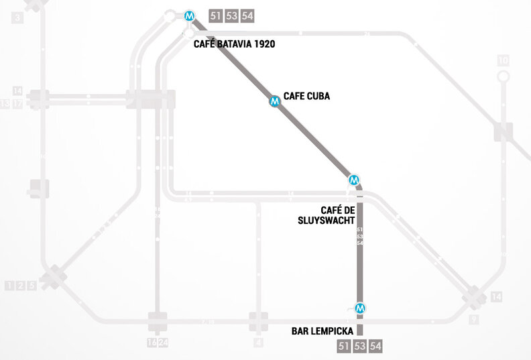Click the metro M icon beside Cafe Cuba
click(x=274, y=101)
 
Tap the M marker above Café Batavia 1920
click(x=191, y=15)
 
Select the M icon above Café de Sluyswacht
click(x=355, y=180)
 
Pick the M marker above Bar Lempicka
click(x=360, y=308)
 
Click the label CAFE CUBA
click(x=306, y=97)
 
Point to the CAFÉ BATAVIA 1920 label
click(x=234, y=44)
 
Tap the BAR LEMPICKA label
click(x=322, y=331)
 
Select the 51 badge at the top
click(x=215, y=16)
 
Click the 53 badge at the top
click(x=231, y=16)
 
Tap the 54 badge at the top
click(x=247, y=16)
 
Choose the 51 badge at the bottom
click(x=344, y=346)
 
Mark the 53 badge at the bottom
click(x=360, y=346)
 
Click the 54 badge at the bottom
click(x=376, y=346)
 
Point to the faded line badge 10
click(x=503, y=61)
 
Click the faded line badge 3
click(x=17, y=18)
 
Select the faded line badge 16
click(x=151, y=344)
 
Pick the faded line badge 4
click(x=258, y=344)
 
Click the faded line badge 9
click(x=474, y=320)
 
